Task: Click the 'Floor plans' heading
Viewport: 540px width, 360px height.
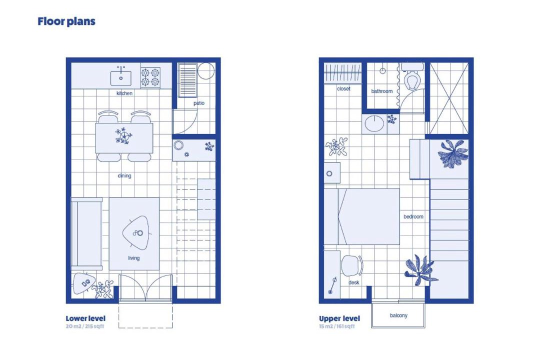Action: pyautogui.click(x=66, y=21)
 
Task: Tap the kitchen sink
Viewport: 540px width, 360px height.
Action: pyautogui.click(x=121, y=78)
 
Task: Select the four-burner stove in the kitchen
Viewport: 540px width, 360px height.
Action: pyautogui.click(x=150, y=77)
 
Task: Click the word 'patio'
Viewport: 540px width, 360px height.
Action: pyautogui.click(x=199, y=103)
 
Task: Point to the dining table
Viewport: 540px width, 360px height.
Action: pyautogui.click(x=124, y=138)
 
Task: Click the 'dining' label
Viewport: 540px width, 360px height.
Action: pyautogui.click(x=124, y=175)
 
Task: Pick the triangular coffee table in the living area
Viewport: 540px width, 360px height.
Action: pyautogui.click(x=136, y=233)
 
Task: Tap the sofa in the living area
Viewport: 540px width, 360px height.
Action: pyautogui.click(x=86, y=234)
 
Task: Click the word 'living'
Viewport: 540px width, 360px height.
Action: pyautogui.click(x=134, y=258)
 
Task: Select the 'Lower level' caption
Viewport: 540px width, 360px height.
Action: pyautogui.click(x=86, y=318)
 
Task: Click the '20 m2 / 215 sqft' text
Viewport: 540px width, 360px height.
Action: pyautogui.click(x=84, y=326)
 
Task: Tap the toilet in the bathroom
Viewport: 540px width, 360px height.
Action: pyautogui.click(x=412, y=77)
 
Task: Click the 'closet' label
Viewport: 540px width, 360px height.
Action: pyautogui.click(x=343, y=89)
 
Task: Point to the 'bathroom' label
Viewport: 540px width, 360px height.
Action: pyautogui.click(x=382, y=91)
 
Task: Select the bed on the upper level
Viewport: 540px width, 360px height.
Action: pyautogui.click(x=361, y=216)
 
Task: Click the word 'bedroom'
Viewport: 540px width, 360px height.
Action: pyautogui.click(x=413, y=216)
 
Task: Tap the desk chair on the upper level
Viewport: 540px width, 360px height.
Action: pyautogui.click(x=352, y=265)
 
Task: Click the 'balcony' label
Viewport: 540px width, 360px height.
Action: pyautogui.click(x=398, y=315)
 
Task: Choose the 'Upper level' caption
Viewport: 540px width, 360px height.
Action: pyautogui.click(x=339, y=318)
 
